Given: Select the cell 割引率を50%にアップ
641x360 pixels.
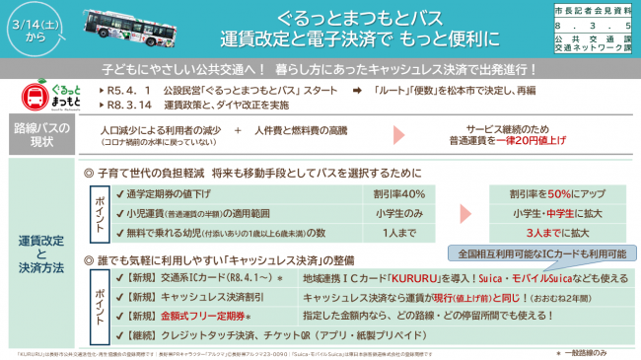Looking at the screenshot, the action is click(550, 193).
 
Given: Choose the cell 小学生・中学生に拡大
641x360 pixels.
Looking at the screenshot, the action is click(550, 213).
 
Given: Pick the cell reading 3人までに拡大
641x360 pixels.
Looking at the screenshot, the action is click(550, 233).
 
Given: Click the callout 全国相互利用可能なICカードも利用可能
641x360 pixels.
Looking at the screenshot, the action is click(541, 253).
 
